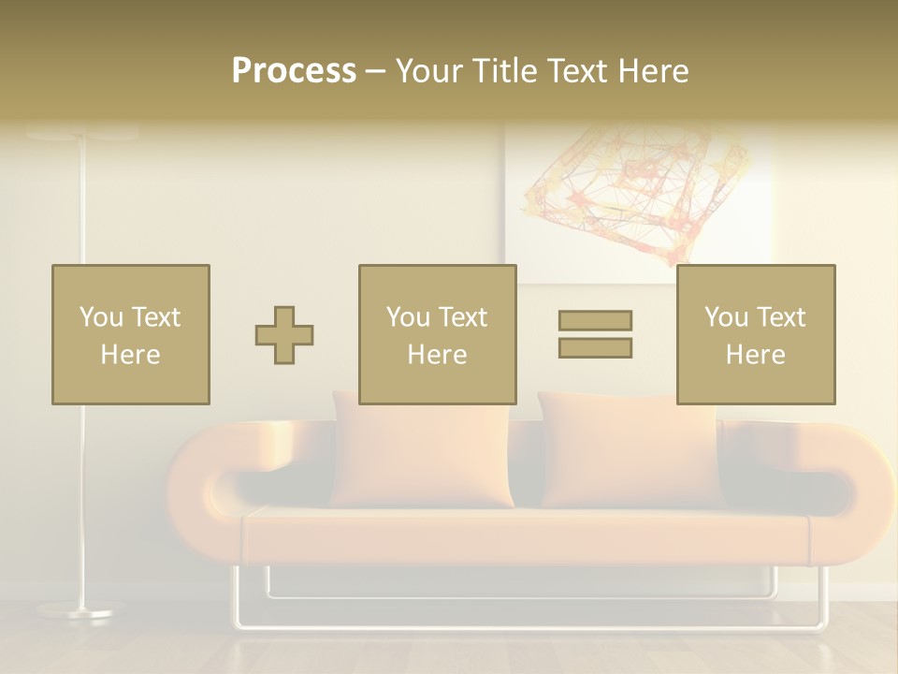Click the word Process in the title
[x=294, y=71]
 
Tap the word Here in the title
[x=652, y=71]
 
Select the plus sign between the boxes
[x=284, y=335]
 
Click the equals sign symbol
[x=595, y=334]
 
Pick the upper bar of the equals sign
[x=595, y=320]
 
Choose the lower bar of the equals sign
[x=595, y=348]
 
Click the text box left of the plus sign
[x=130, y=334]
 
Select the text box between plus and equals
[x=437, y=334]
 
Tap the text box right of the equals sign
[x=755, y=334]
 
